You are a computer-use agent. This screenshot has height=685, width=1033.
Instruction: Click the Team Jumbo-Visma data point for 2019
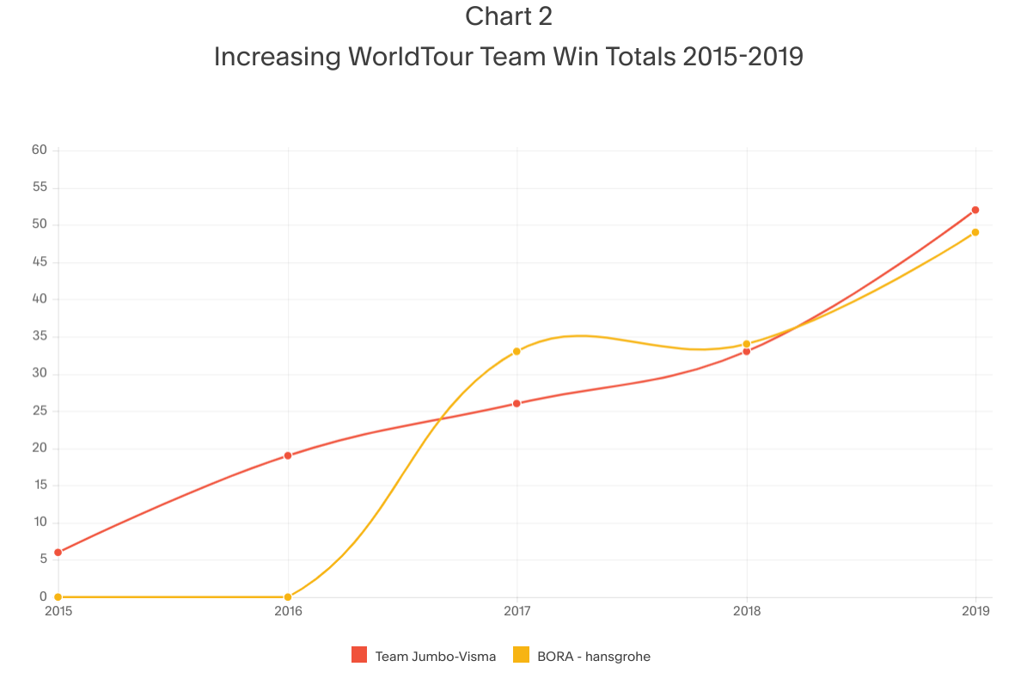pos(975,210)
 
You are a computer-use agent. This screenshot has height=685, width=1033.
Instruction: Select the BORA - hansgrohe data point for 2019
pos(975,232)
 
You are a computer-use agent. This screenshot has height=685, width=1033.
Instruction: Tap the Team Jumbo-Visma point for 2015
pos(58,552)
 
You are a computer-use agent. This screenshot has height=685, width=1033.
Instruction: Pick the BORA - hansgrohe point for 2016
pos(288,596)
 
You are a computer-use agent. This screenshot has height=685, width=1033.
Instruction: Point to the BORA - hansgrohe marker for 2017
pos(516,351)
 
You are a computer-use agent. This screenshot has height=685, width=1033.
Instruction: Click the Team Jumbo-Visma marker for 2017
pos(516,403)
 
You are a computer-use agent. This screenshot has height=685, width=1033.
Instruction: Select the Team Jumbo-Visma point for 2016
pos(288,456)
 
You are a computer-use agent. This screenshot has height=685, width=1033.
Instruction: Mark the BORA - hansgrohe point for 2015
pos(58,596)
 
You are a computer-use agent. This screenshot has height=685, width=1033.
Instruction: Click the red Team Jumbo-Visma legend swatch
pos(359,656)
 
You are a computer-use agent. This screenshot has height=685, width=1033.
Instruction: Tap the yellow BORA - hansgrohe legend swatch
pos(521,656)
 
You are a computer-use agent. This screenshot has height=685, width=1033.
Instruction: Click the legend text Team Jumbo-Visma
pos(435,657)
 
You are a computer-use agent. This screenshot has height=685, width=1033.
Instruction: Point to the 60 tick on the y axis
pos(40,150)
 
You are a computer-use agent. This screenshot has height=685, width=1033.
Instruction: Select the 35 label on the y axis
pos(40,337)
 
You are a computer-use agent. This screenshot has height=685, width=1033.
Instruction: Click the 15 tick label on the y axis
pos(40,486)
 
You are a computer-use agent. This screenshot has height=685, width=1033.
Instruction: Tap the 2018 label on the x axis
pos(747,612)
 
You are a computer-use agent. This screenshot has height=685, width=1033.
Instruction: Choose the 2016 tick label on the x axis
pos(288,612)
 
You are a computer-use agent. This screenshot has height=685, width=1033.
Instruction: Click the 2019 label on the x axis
pos(975,612)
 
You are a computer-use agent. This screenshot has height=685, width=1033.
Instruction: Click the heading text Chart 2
pos(509,16)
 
